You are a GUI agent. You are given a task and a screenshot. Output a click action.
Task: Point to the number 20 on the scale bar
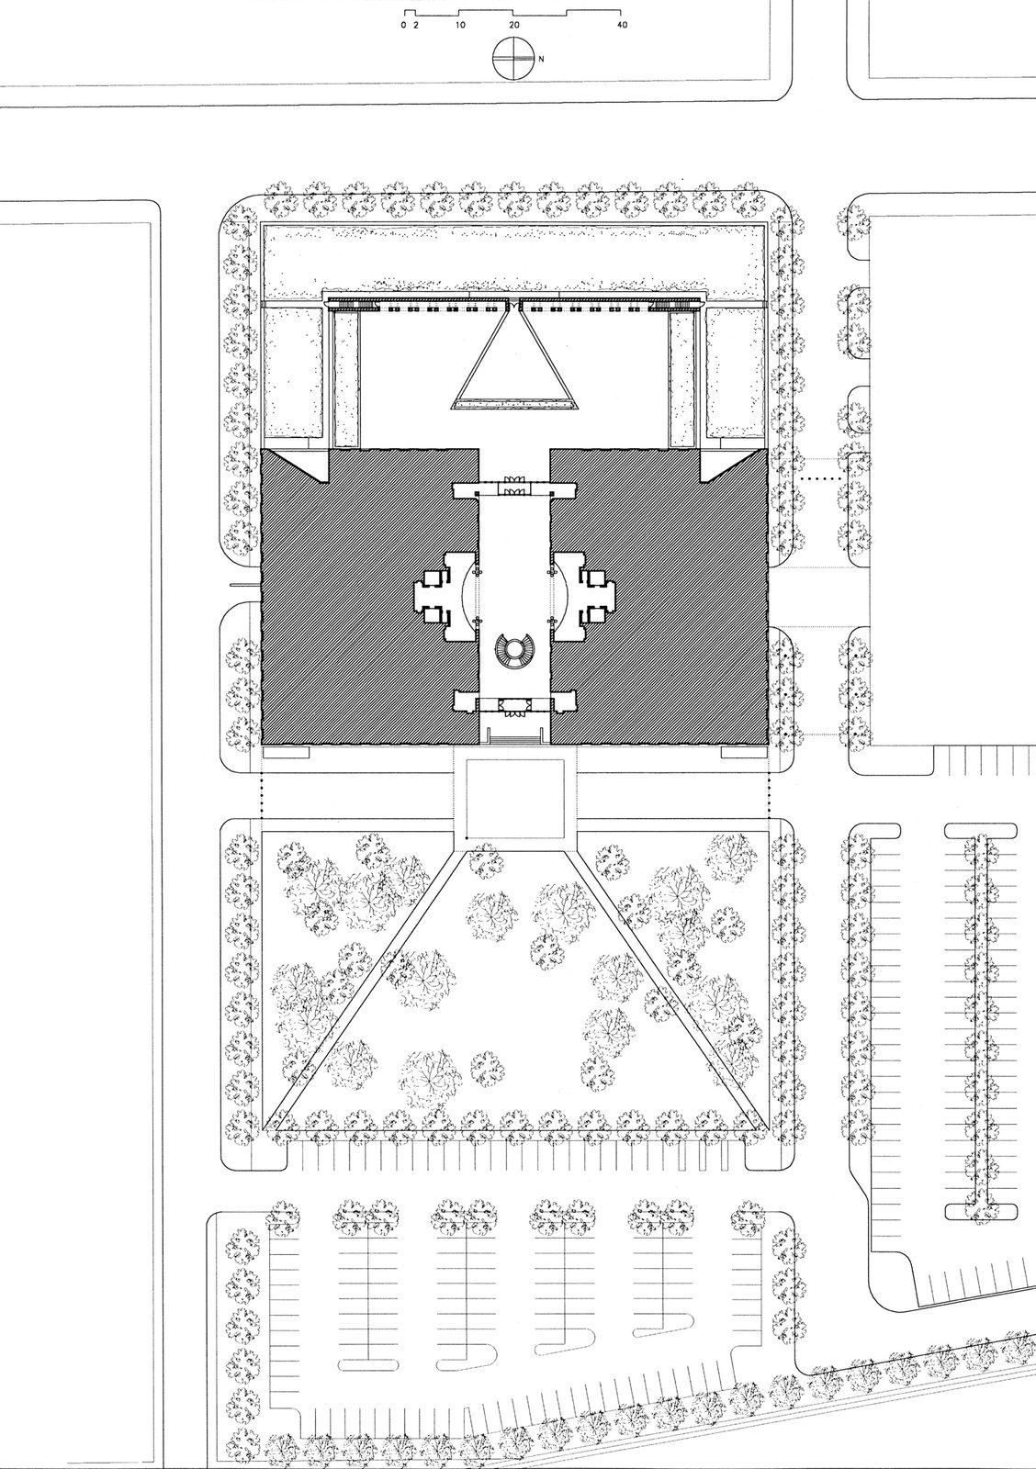pos(513,26)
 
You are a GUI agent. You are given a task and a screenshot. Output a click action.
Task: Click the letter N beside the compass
pos(542,59)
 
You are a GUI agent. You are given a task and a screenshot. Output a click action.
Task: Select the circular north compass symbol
pos(513,59)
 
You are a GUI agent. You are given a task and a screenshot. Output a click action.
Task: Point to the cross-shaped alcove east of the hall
pos(582,596)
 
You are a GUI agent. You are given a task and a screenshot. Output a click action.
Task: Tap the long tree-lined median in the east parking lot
pos(982,1019)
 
